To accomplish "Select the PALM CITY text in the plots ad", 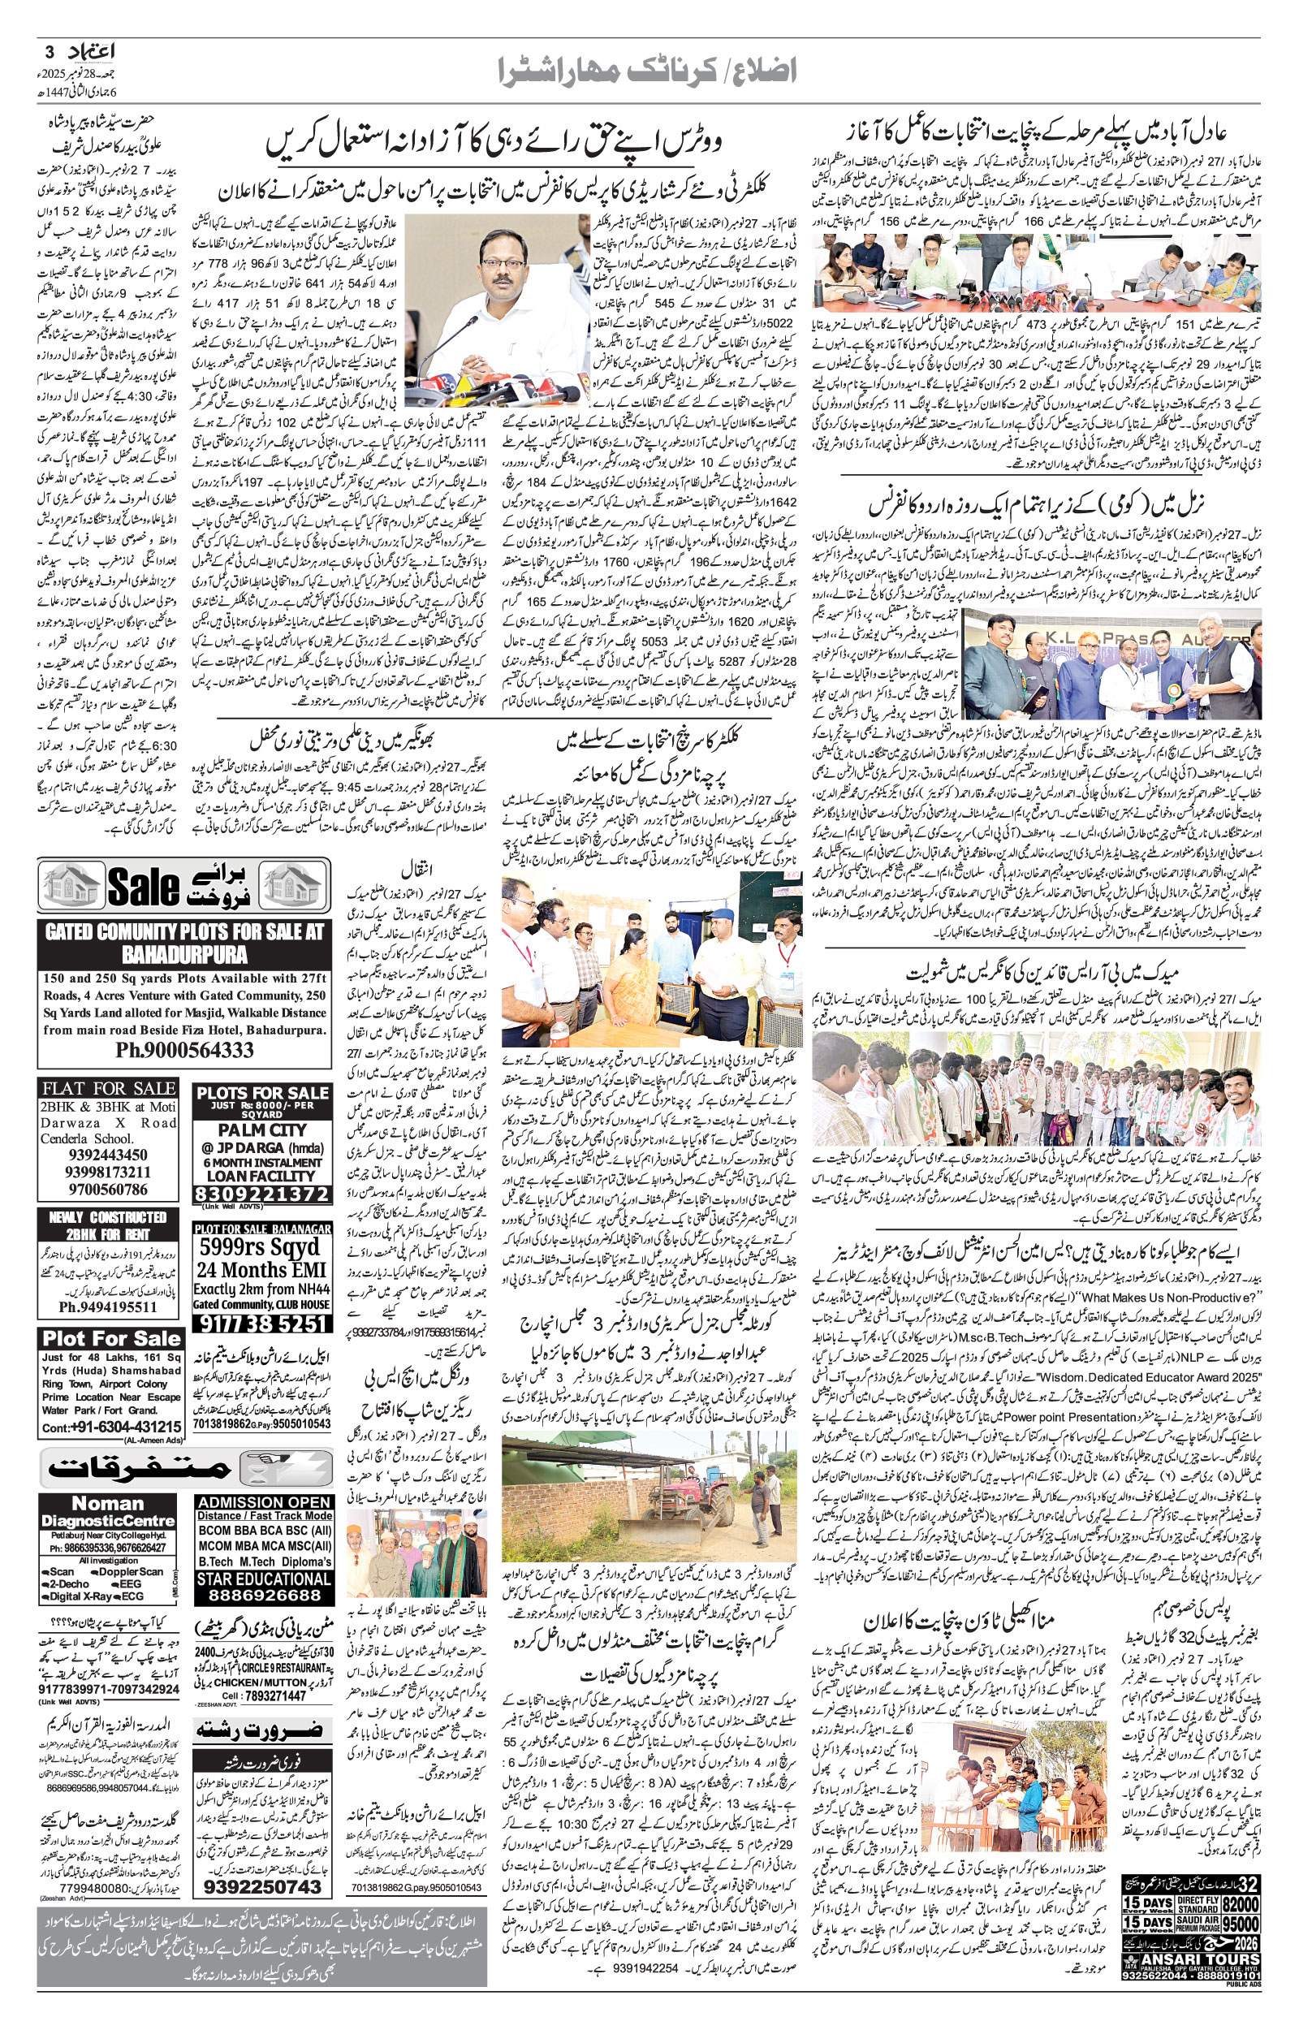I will click(261, 1129).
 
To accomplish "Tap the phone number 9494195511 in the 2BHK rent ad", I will click(108, 1307).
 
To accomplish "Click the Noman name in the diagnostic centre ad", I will click(108, 1504).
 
